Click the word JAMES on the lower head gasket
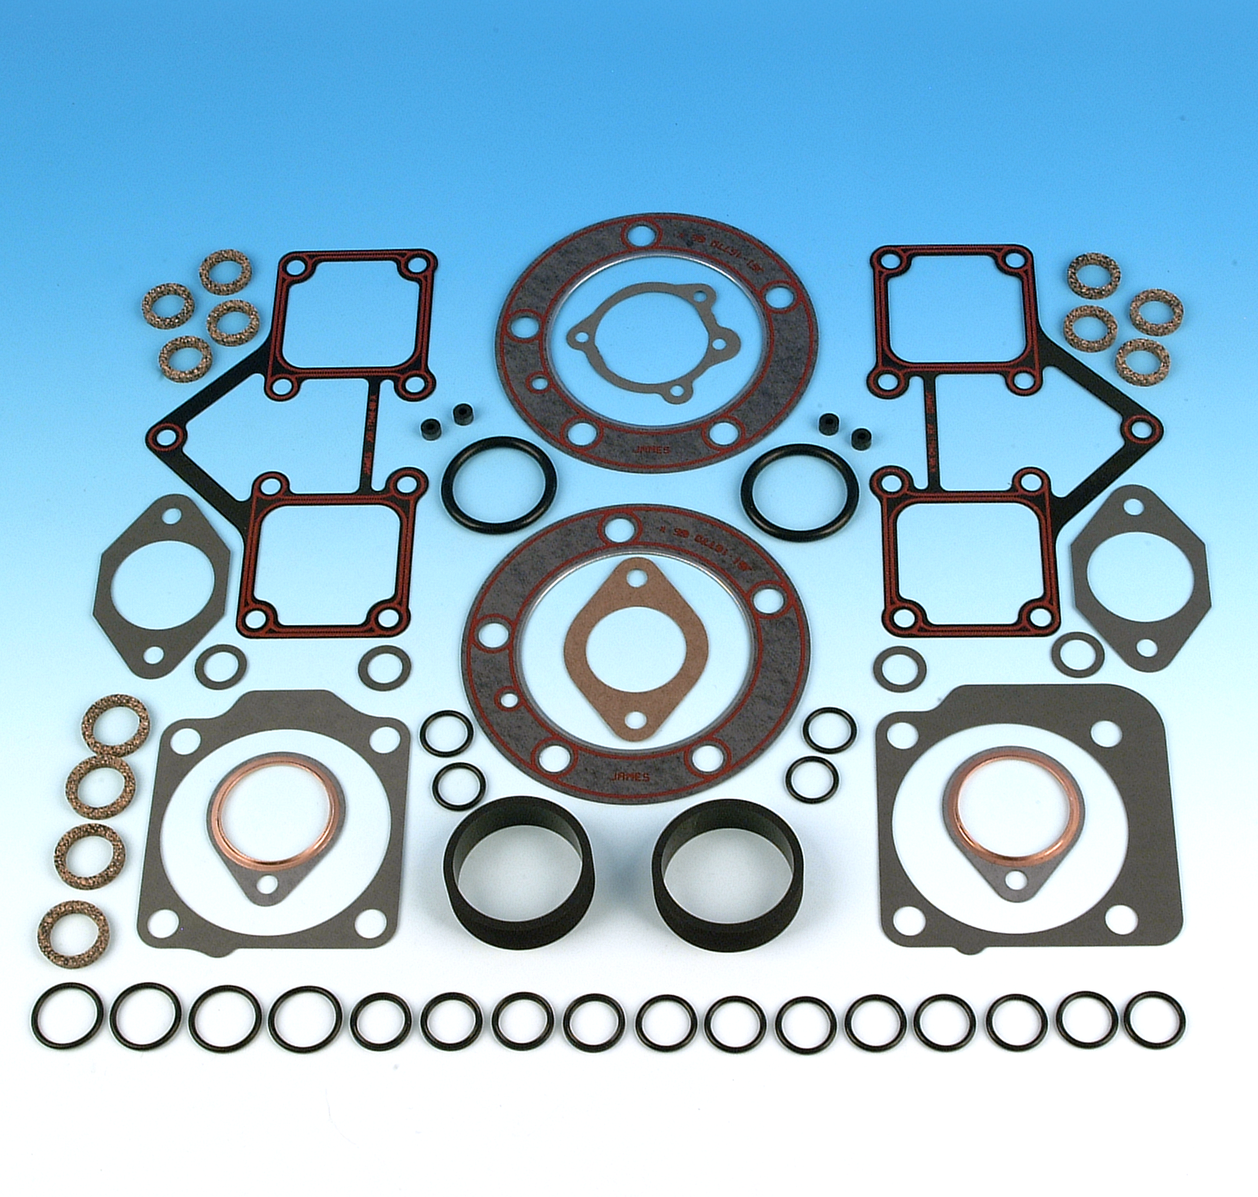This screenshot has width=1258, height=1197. (x=630, y=777)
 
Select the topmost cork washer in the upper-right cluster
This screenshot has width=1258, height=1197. (x=1090, y=275)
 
